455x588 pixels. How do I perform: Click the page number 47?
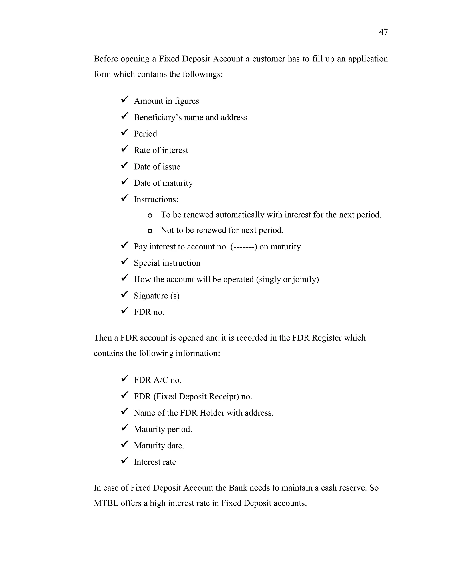pos(383,32)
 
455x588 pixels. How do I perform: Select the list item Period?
pos(145,134)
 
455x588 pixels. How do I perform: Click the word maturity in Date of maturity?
pos(178,183)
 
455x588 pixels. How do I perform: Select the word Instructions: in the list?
pos(156,199)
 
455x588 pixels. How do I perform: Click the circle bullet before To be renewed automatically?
pos(150,215)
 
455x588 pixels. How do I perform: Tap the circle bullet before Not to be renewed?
pos(150,231)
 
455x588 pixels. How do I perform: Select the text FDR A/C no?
pos(158,380)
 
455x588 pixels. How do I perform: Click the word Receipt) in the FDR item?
pos(224,397)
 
